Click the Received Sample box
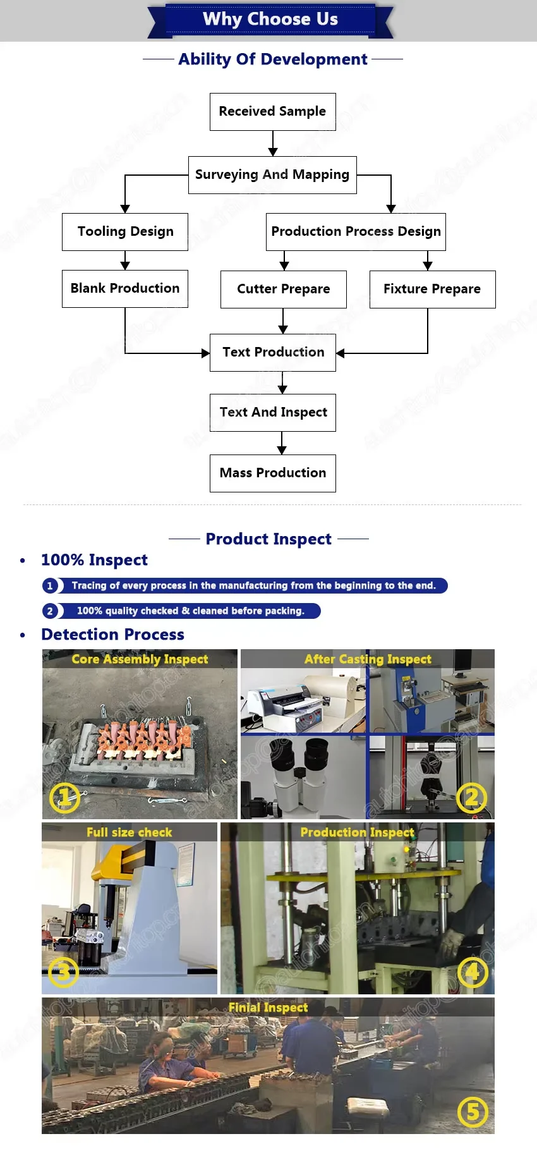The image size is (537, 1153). click(272, 112)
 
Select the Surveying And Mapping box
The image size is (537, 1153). click(272, 175)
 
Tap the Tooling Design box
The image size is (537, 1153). click(125, 232)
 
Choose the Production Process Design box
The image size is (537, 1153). click(356, 232)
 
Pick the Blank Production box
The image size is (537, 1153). click(125, 289)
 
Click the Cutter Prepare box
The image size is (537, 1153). click(283, 290)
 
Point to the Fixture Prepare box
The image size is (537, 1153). click(432, 290)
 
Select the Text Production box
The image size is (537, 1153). click(273, 353)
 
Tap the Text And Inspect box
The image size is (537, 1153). click(273, 413)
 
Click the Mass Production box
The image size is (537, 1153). click(273, 473)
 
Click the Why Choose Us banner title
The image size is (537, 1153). click(270, 20)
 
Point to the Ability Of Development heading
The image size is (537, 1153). click(273, 59)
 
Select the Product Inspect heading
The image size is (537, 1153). click(268, 539)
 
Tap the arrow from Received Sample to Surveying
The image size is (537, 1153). click(273, 143)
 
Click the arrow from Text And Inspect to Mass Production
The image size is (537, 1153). click(282, 443)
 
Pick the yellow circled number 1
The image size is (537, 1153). click(65, 798)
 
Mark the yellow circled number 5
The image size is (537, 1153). click(473, 1112)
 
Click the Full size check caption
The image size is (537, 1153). click(130, 833)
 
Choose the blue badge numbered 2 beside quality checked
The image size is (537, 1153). click(50, 611)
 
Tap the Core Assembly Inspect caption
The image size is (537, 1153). click(140, 659)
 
